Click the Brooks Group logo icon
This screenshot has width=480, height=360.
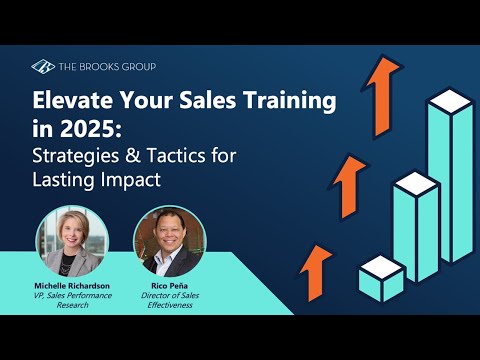click(43, 67)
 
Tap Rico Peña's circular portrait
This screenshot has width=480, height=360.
click(163, 242)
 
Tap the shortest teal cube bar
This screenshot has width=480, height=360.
click(380, 277)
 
